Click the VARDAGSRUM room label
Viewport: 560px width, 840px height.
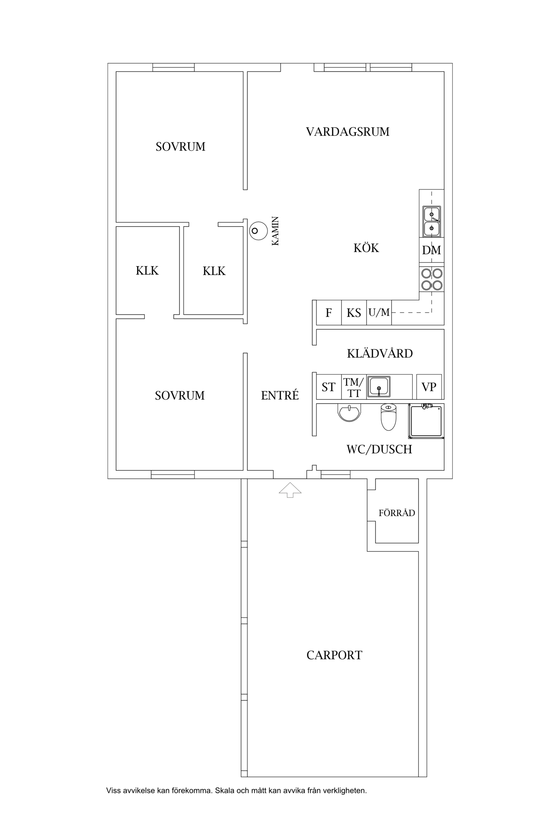(348, 132)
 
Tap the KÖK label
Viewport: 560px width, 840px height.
(366, 248)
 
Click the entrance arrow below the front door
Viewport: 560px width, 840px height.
(290, 490)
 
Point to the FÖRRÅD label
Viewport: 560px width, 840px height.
(397, 513)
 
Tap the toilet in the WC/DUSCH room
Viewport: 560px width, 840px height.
(388, 417)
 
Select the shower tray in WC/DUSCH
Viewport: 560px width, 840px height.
(426, 421)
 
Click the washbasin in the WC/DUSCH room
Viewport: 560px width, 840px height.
(349, 413)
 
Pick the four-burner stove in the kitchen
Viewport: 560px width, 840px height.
(432, 279)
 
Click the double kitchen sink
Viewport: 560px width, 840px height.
(432, 221)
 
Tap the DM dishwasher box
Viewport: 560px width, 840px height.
(432, 250)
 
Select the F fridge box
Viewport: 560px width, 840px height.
(329, 312)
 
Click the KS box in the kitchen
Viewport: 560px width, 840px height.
(354, 312)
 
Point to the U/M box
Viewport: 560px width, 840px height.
(379, 312)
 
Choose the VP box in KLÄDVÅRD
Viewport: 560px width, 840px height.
(429, 387)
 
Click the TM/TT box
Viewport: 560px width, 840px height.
(354, 387)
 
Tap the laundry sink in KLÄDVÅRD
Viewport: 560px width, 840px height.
(379, 386)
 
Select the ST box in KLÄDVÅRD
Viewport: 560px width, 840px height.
(329, 387)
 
